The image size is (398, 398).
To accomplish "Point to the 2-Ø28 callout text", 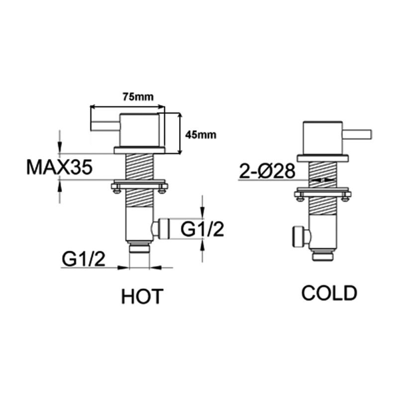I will [x=267, y=172].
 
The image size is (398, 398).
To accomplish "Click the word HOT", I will [x=142, y=297].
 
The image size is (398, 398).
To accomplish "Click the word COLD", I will [x=329, y=293].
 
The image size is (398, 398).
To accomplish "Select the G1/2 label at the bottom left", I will [x=84, y=259].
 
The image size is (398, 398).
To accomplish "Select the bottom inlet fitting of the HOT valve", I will [x=139, y=248].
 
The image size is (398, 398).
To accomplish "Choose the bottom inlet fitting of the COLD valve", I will [x=323, y=255].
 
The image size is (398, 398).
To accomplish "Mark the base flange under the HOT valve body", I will [x=139, y=150].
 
